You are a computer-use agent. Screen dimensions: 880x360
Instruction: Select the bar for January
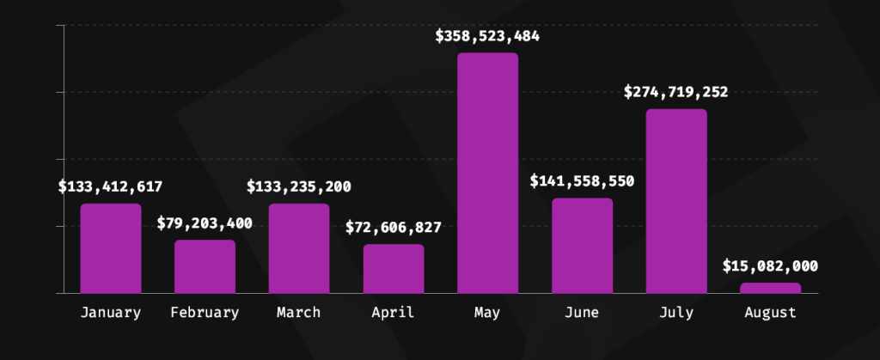(x=111, y=248)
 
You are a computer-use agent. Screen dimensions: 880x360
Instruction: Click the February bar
(x=205, y=266)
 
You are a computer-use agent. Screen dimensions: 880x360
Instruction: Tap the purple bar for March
(x=299, y=248)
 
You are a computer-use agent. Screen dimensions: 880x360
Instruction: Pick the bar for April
(x=394, y=269)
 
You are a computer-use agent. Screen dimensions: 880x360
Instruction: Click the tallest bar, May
(x=488, y=173)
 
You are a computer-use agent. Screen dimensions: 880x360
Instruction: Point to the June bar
(x=582, y=246)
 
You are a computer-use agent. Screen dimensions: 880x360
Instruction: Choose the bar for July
(x=676, y=201)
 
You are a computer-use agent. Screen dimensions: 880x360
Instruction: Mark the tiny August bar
(x=771, y=288)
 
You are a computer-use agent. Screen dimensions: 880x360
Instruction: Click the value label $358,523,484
(x=488, y=36)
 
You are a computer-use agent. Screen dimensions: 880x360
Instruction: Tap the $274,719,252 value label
(x=676, y=92)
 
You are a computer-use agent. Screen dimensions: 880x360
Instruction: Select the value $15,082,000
(x=771, y=266)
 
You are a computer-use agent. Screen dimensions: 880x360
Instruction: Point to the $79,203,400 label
(x=205, y=223)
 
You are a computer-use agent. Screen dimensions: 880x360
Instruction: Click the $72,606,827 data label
(x=394, y=228)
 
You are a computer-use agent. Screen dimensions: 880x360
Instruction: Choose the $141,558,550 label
(x=582, y=181)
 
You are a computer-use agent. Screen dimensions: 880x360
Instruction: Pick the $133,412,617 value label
(x=111, y=186)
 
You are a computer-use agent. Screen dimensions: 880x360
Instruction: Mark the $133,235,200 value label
(x=299, y=186)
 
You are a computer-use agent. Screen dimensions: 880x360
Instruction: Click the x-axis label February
(x=205, y=313)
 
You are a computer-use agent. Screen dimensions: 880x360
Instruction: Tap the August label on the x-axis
(x=771, y=313)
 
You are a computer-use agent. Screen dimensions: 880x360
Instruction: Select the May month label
(x=487, y=314)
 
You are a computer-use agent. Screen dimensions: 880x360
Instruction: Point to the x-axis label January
(x=111, y=313)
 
